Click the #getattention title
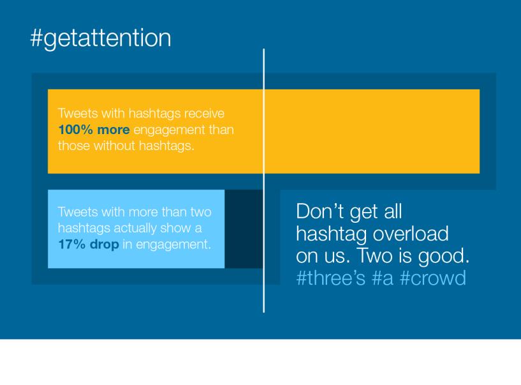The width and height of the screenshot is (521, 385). (101, 38)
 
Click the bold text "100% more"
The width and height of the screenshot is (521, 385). (94, 130)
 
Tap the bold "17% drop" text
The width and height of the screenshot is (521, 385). (89, 245)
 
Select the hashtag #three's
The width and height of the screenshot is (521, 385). (330, 278)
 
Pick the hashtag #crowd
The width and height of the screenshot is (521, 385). (433, 278)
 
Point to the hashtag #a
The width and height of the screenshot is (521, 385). (383, 278)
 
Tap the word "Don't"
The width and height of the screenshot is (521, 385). (319, 211)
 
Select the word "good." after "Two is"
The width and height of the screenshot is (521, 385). (444, 257)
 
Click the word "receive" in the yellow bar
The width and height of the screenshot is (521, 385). (204, 114)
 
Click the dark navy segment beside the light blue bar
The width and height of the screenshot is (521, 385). (244, 229)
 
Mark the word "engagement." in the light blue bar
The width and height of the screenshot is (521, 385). (173, 245)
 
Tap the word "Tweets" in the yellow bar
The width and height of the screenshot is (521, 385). (78, 114)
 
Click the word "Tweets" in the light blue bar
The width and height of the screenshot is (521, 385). (78, 212)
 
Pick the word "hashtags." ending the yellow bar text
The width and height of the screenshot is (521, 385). (166, 146)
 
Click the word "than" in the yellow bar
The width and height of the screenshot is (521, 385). (221, 130)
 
